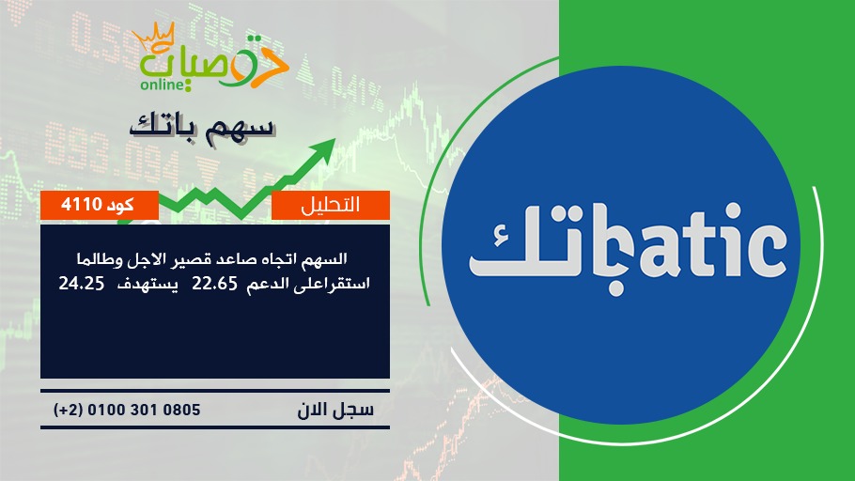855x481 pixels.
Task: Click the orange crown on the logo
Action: click(x=153, y=38)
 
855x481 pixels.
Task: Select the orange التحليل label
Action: click(x=331, y=205)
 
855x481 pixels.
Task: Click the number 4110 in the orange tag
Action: click(x=82, y=205)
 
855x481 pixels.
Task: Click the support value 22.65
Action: click(x=214, y=284)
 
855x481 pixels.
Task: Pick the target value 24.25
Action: click(x=81, y=284)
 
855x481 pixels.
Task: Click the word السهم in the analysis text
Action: click(x=324, y=258)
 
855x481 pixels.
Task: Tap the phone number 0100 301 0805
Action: click(x=144, y=410)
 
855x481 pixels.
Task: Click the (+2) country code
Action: click(x=69, y=410)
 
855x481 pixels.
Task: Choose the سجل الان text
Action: click(x=335, y=410)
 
